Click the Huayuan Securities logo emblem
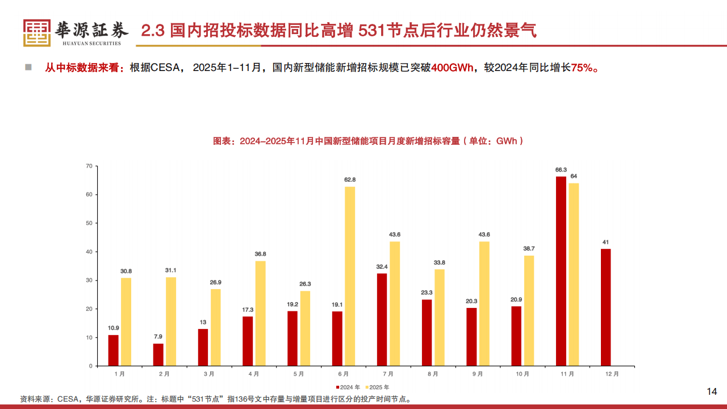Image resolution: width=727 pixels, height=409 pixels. coord(37,32)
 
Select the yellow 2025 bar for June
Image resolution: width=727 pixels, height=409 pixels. coord(350,276)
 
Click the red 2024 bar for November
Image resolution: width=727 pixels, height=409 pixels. coord(561,271)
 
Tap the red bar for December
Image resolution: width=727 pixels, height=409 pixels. coord(606,307)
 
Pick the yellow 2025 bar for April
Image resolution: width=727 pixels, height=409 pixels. coord(260,313)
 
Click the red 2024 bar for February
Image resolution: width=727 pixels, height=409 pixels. coord(158,354)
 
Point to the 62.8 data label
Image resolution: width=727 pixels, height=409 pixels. coord(350,180)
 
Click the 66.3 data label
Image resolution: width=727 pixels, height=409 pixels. coord(561,169)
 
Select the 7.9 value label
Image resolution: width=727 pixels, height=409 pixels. coord(158,336)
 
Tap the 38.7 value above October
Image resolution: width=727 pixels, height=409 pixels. coord(529,248)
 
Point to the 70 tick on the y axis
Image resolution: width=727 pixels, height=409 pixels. coord(89,166)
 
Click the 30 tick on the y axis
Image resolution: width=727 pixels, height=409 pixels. coord(89,281)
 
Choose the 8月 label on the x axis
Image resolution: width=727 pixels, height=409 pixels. coord(433,374)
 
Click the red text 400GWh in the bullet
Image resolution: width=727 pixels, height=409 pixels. coord(453,68)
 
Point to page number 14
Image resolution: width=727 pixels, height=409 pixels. coord(712,391)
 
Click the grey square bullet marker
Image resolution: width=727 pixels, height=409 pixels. coord(28,68)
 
